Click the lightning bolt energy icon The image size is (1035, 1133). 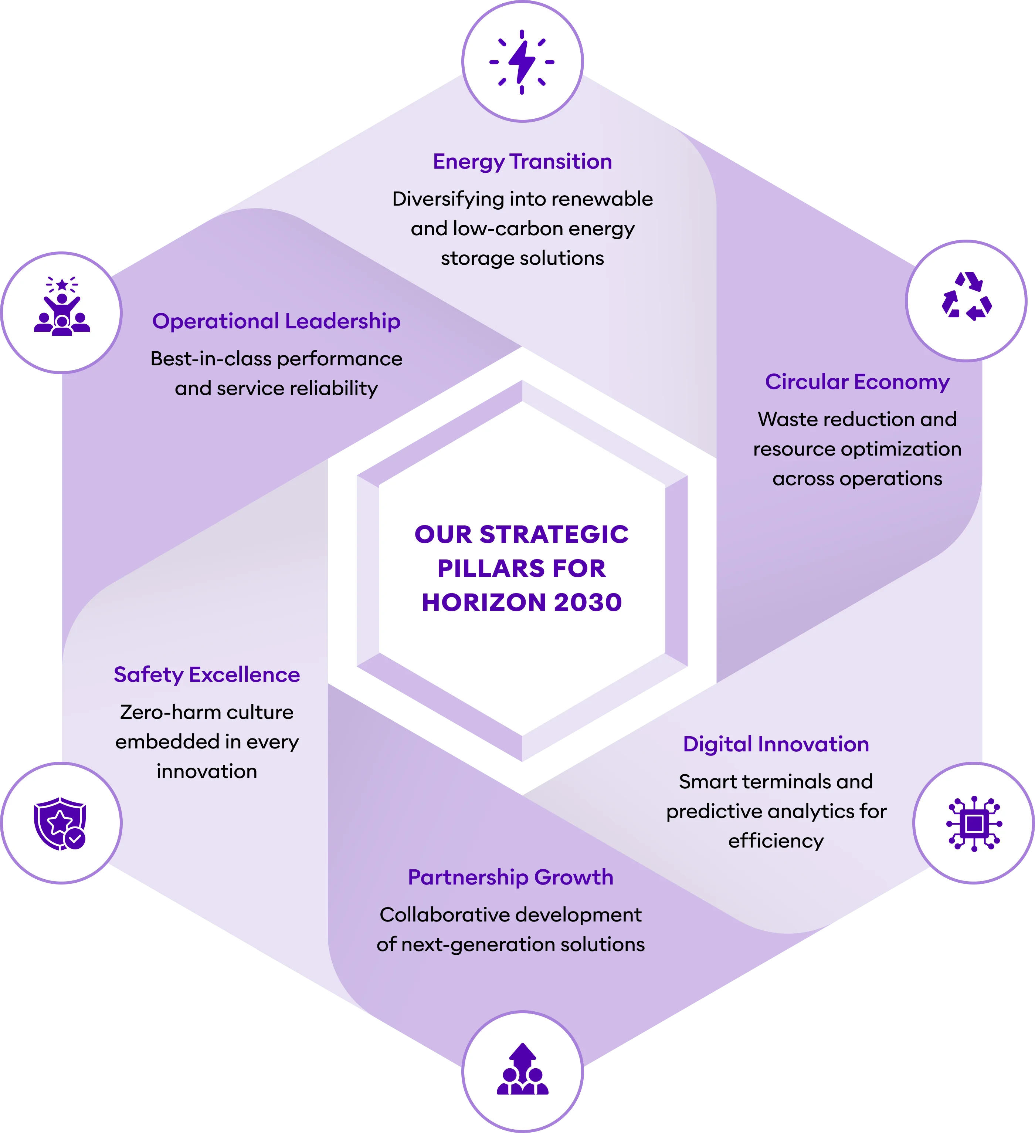tap(522, 62)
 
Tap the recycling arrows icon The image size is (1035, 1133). tap(967, 296)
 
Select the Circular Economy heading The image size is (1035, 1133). tap(857, 382)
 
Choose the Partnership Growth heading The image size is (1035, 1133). tap(510, 877)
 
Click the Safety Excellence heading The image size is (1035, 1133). tap(207, 675)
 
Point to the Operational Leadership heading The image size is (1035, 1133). tap(276, 321)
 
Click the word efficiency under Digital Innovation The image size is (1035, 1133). tap(776, 841)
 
